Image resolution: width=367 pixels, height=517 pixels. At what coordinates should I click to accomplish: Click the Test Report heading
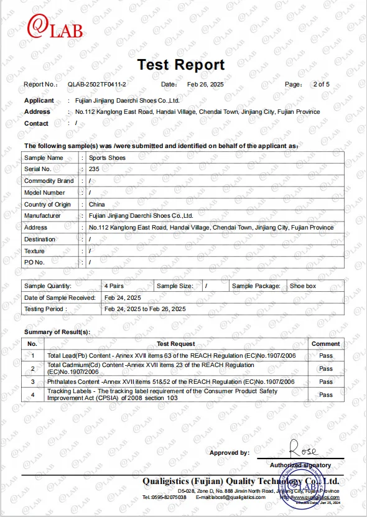pos(180,64)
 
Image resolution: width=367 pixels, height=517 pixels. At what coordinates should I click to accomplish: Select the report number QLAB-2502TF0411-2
pos(97,84)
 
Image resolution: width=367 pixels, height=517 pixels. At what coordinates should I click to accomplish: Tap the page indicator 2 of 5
pos(322,84)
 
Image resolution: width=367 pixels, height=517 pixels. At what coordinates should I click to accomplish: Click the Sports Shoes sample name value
pos(107,158)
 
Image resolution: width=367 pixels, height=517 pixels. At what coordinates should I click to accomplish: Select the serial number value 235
pos(95,169)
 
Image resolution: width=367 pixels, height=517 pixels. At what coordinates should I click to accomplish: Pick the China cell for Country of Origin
pos(97,204)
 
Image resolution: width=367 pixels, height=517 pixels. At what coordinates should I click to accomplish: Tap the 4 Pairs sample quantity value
pos(113,286)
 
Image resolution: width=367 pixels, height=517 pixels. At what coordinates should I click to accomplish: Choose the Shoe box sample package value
pos(303,286)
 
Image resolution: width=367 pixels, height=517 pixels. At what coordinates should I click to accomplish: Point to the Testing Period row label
pos(44,309)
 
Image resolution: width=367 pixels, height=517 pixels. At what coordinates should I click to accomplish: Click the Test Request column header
pos(175,343)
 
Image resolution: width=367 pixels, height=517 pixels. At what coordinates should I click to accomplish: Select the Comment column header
pos(325,343)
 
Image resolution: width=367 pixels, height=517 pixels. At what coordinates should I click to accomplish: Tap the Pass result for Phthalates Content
pos(325,381)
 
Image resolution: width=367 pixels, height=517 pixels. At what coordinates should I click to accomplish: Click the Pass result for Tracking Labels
pos(325,394)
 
